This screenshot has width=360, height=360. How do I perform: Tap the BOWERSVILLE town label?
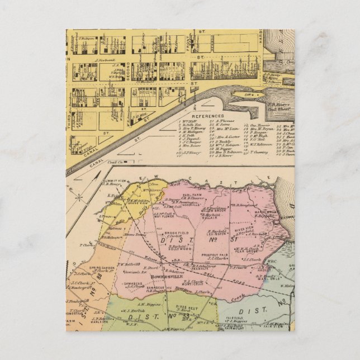coord(132,275)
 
